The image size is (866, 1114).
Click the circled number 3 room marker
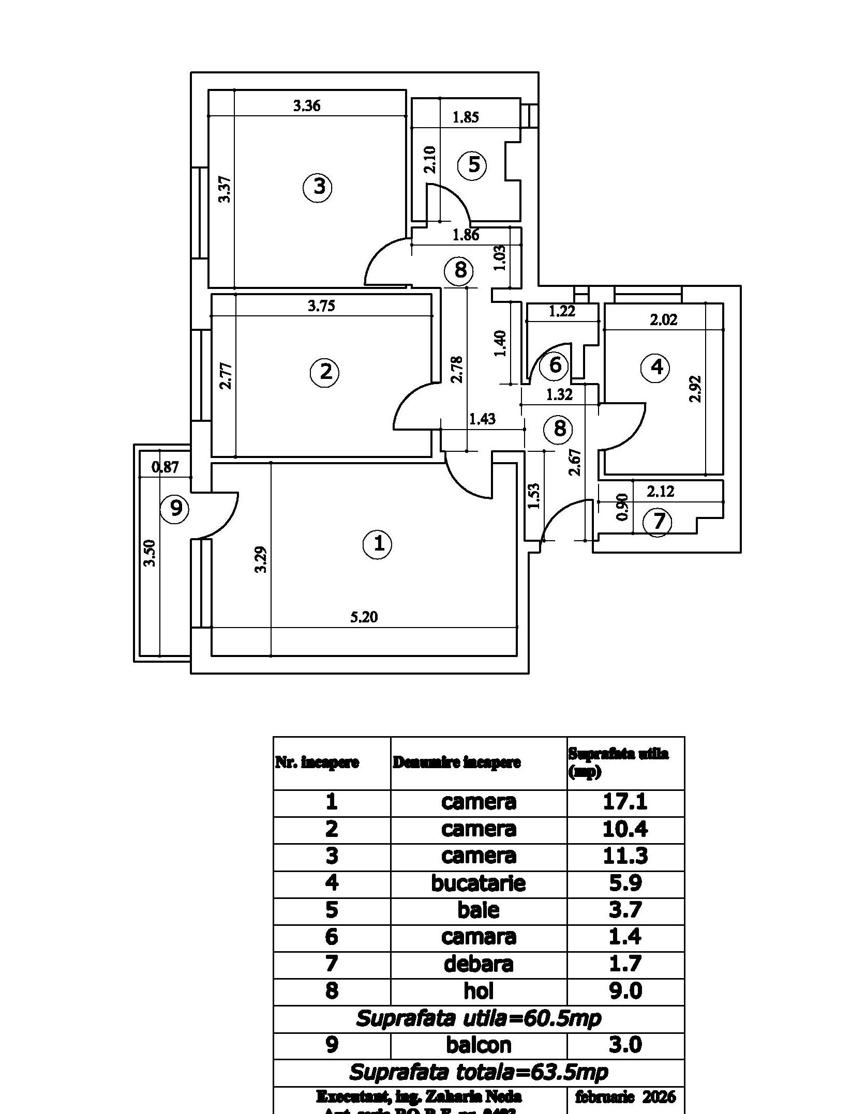[318, 187]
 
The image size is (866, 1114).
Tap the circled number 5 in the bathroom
[473, 165]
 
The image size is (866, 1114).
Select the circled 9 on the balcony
[175, 509]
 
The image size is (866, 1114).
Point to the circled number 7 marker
[658, 522]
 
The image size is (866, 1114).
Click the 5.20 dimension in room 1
[364, 617]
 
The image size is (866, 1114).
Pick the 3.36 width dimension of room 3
[307, 106]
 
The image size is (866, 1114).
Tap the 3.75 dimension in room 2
[321, 306]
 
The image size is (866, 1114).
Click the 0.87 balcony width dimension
[165, 467]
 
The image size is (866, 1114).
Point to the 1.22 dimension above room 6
[562, 311]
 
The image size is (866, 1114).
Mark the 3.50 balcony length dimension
[150, 553]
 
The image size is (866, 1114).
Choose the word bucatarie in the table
[478, 883]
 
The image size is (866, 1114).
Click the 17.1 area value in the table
[625, 802]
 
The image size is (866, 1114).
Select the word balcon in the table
[478, 1045]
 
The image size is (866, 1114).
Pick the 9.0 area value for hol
[625, 991]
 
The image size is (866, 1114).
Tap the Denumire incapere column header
[457, 762]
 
